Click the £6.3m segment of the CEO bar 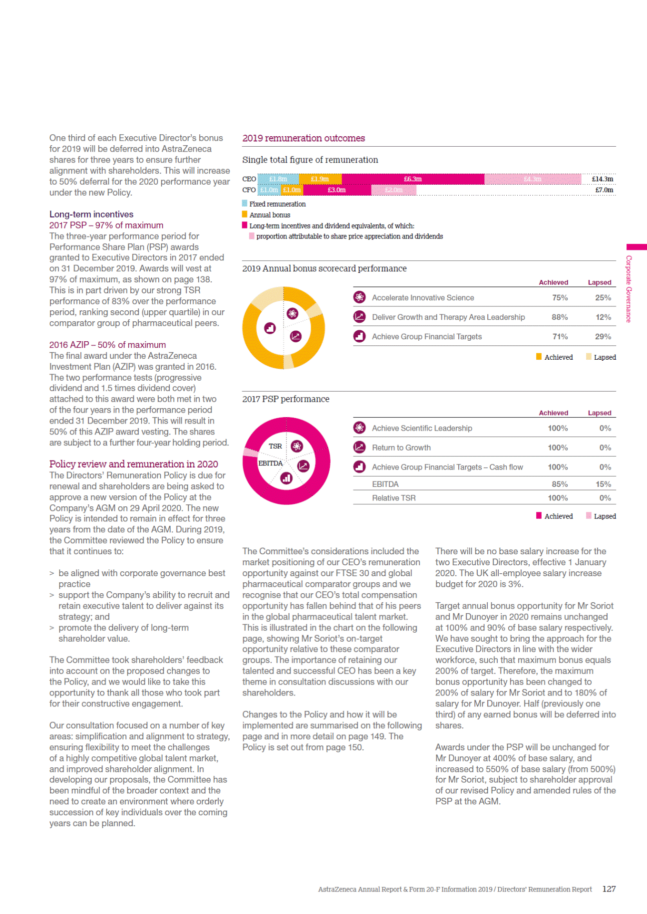(x=413, y=179)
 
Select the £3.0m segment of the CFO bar (x=337, y=190)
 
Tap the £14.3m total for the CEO (x=602, y=179)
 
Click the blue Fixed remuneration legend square (x=245, y=204)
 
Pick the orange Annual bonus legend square (x=245, y=215)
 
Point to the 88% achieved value (x=560, y=317)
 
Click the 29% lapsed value (x=603, y=337)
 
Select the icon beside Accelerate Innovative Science (x=359, y=297)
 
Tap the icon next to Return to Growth (x=359, y=447)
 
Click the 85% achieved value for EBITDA (x=560, y=484)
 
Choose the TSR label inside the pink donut (x=275, y=446)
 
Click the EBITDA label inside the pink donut (x=271, y=463)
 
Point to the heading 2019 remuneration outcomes (x=304, y=138)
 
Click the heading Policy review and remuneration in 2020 (x=133, y=464)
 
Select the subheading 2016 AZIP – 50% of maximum (x=107, y=345)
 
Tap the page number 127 (x=609, y=889)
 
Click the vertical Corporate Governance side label (x=629, y=289)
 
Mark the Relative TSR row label (x=393, y=498)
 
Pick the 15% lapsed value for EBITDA (x=603, y=484)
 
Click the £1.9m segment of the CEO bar (x=320, y=179)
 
